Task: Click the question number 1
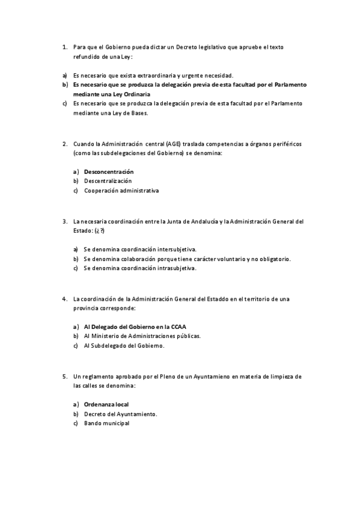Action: click(x=64, y=46)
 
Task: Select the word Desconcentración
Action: click(x=109, y=172)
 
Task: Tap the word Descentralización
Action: click(x=108, y=181)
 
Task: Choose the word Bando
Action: click(x=93, y=423)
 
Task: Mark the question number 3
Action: click(x=64, y=221)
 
